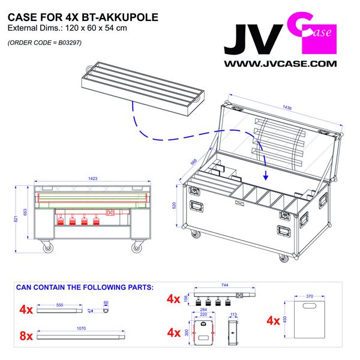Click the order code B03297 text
click(x=45, y=43)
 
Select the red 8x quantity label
click(x=26, y=335)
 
